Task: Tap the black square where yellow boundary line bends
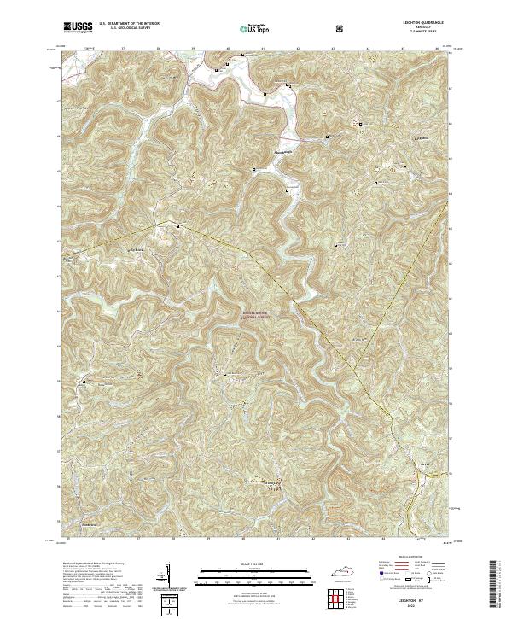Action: click(x=177, y=226)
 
